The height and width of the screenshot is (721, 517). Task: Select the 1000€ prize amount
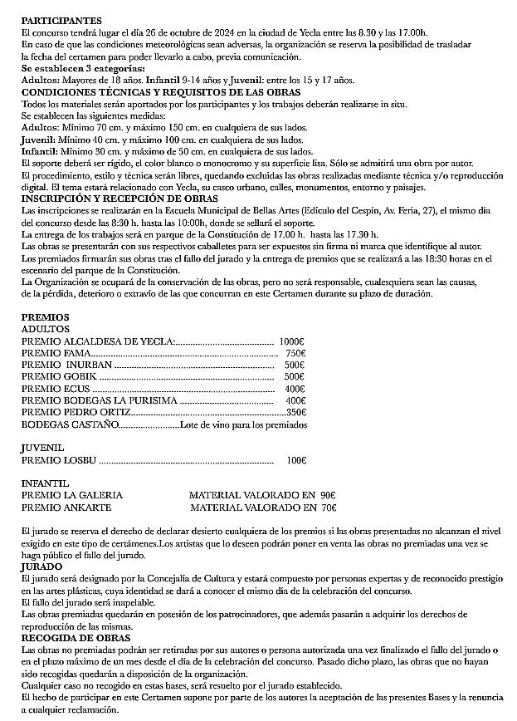pyautogui.click(x=293, y=341)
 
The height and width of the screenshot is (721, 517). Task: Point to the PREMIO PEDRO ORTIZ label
pyautogui.click(x=76, y=413)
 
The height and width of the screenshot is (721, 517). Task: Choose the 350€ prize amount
pyautogui.click(x=296, y=413)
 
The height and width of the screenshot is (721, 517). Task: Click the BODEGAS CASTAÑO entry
pyautogui.click(x=70, y=425)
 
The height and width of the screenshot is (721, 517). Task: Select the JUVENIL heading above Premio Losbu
pyautogui.click(x=42, y=448)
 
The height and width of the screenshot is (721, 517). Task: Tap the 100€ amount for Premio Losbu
pyautogui.click(x=296, y=459)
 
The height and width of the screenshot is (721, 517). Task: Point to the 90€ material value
pyautogui.click(x=327, y=495)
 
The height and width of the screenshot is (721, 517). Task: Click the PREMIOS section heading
pyautogui.click(x=45, y=317)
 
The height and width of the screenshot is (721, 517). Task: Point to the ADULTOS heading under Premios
pyautogui.click(x=45, y=329)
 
